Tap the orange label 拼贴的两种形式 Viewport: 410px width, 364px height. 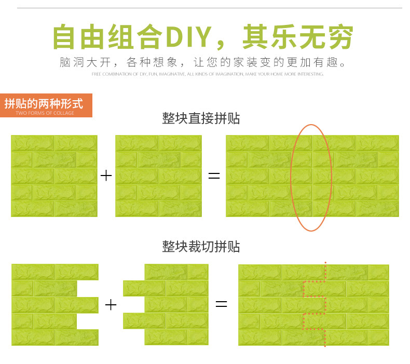tap(44, 103)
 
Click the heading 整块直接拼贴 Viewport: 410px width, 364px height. tap(201, 118)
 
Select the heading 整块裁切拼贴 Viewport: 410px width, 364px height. tap(201, 246)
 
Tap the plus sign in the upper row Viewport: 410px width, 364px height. tap(106, 176)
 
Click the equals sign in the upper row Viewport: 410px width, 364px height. tap(214, 176)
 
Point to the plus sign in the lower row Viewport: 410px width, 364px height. tap(111, 304)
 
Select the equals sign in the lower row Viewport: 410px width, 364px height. tap(222, 304)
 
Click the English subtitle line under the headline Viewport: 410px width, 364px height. tap(208, 74)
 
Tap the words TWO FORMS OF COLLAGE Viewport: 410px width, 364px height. tap(45, 113)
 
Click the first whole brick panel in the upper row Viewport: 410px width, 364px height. tap(54, 176)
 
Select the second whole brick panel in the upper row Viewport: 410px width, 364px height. tap(158, 176)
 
